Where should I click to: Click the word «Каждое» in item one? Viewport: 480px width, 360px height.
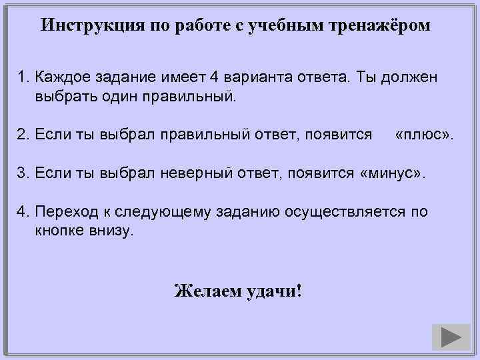point(61,78)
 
